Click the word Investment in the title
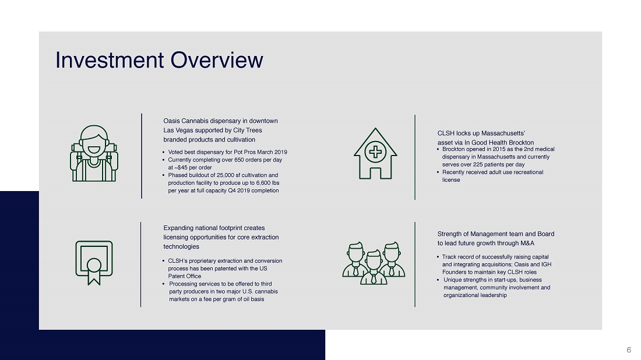[110, 60]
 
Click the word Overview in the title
[217, 60]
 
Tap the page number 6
[629, 350]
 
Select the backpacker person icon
[94, 153]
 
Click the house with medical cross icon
[375, 154]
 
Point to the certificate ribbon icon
[94, 263]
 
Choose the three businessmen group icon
[374, 263]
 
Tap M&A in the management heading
[527, 243]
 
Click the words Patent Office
[184, 276]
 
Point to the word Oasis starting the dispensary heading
[171, 121]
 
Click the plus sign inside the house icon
[375, 152]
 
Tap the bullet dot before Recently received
[438, 172]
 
